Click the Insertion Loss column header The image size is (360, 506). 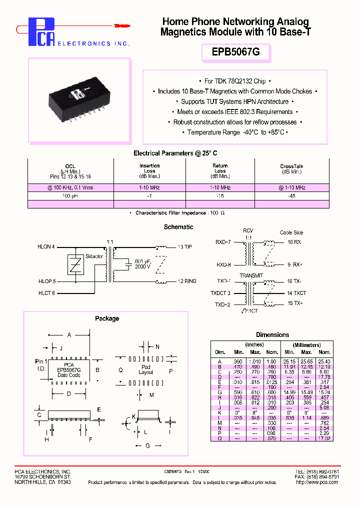(x=149, y=170)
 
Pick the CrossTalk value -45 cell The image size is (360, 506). (x=292, y=196)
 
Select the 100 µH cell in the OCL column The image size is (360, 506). (x=70, y=196)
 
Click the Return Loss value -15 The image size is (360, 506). (x=220, y=196)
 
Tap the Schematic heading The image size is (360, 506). (x=178, y=227)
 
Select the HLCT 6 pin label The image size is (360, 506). (x=46, y=293)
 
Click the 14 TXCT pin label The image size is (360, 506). (x=297, y=293)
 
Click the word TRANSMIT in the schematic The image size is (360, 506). (x=250, y=275)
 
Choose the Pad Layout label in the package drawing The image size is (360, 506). (x=146, y=369)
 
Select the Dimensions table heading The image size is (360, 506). (x=272, y=334)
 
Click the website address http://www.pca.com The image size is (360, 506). (x=317, y=482)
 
